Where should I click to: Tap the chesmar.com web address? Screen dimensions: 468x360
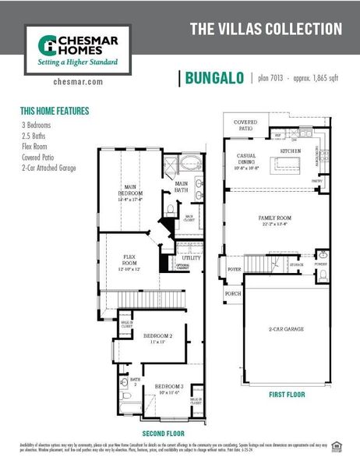click(x=79, y=81)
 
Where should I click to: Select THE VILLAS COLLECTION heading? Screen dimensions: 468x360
click(x=266, y=30)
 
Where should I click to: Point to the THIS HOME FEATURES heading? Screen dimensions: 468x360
click(x=55, y=111)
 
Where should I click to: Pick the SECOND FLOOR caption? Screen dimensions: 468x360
click(x=162, y=433)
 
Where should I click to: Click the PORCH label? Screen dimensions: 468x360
click(x=232, y=294)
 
